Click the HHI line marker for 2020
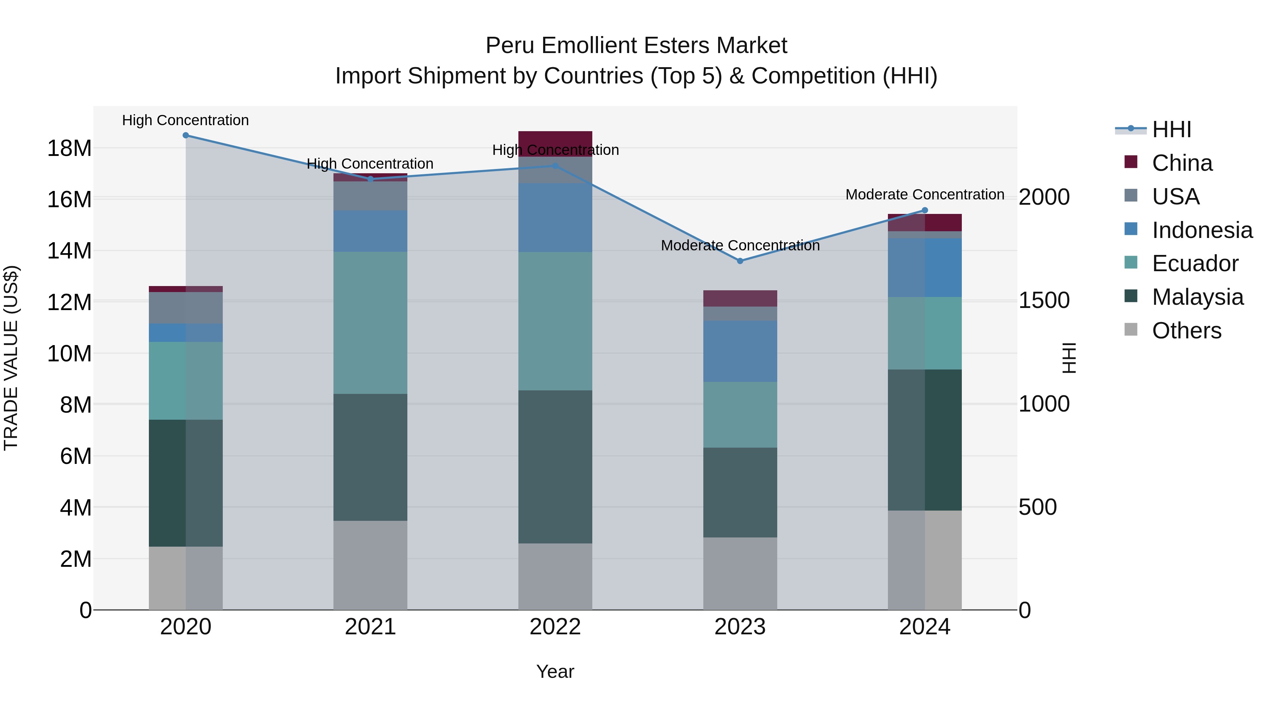186,135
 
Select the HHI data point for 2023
740,261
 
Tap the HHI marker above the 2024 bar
925,210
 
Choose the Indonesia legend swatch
1131,229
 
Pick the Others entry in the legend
1186,331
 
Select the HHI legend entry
1171,129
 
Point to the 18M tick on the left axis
69,148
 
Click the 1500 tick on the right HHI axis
1044,301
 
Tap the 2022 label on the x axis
555,627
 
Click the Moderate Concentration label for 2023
740,246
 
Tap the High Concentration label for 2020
185,121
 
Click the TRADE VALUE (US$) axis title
11,358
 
